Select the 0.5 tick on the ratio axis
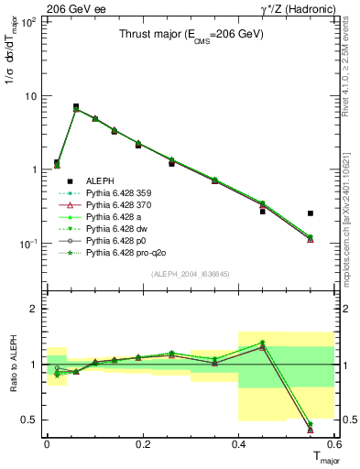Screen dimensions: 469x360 (x=35, y=420)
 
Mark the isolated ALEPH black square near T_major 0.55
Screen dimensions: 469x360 (x=311, y=213)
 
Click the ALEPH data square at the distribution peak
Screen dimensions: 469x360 (x=76, y=107)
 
